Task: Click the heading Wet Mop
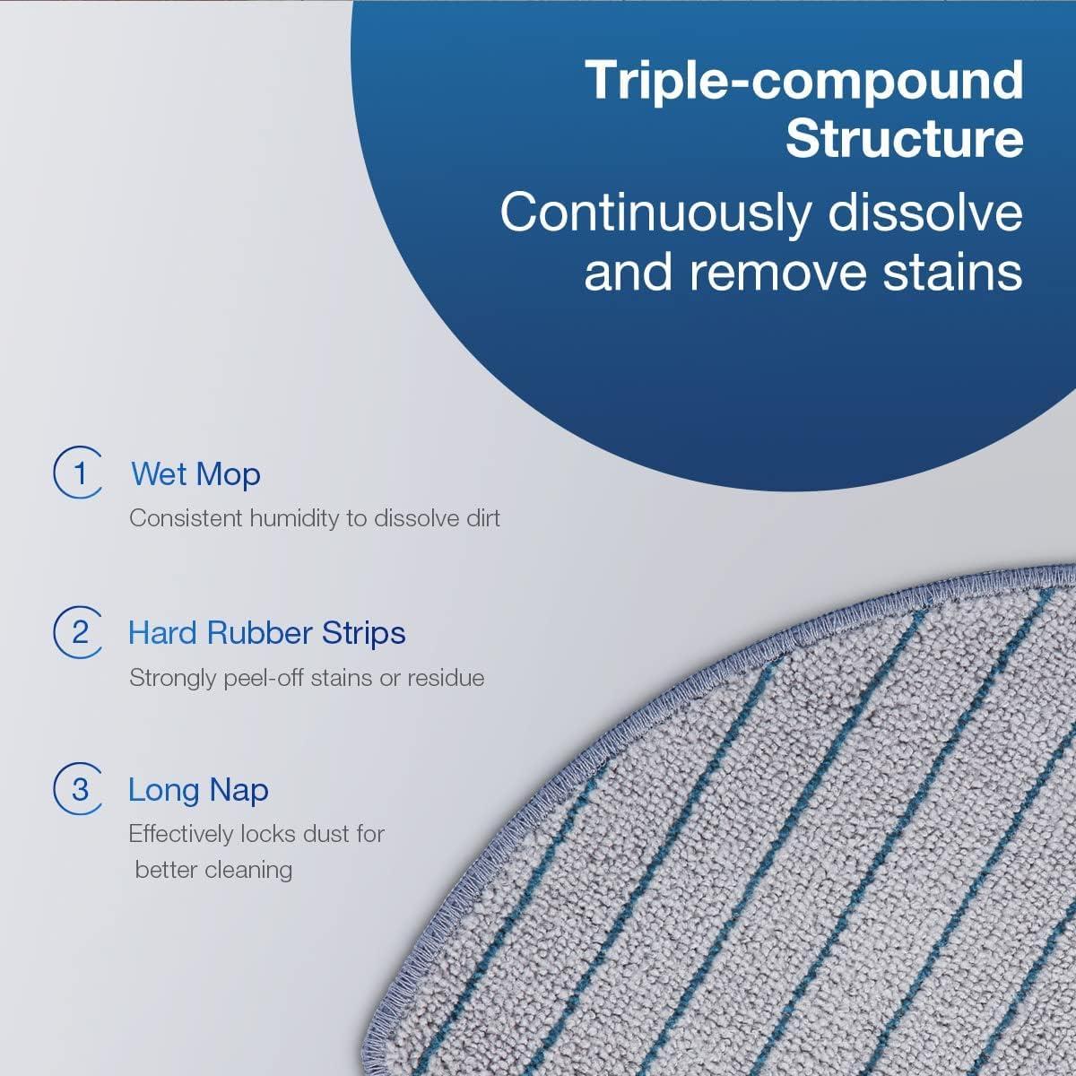[x=195, y=473]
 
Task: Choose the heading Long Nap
[x=198, y=790]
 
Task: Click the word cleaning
[x=247, y=869]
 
